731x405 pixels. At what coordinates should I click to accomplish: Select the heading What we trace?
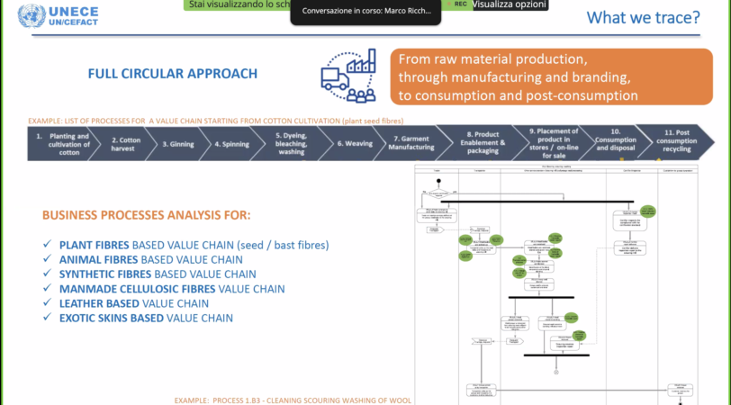pyautogui.click(x=643, y=17)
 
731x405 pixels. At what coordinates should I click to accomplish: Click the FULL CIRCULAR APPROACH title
pyautogui.click(x=172, y=74)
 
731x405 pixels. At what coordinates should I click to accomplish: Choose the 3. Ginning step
pyautogui.click(x=178, y=142)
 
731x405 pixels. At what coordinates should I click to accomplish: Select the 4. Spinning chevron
pyautogui.click(x=230, y=142)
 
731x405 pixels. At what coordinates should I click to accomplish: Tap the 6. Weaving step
pyautogui.click(x=354, y=142)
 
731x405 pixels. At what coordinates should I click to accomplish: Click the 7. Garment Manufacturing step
pyautogui.click(x=411, y=142)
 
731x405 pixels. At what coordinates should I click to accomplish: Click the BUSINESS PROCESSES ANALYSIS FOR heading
pyautogui.click(x=146, y=215)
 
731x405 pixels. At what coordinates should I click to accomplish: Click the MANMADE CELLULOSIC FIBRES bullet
pyautogui.click(x=172, y=289)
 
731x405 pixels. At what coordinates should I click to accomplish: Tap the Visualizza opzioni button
pyautogui.click(x=508, y=4)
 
